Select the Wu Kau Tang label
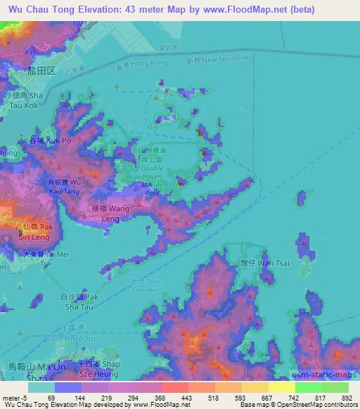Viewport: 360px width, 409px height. pos(63,187)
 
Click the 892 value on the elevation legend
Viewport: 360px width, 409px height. pos(345,398)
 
